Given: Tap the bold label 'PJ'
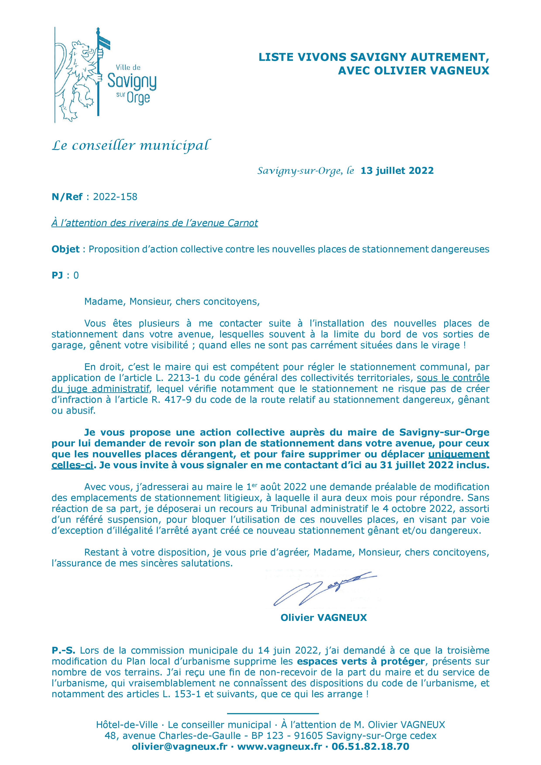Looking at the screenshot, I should pos(57,275).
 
